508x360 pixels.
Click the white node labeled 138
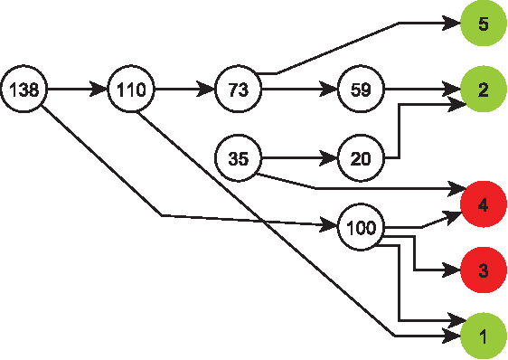(x=24, y=90)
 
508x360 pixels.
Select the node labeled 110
(x=131, y=90)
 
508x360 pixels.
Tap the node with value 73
(x=238, y=90)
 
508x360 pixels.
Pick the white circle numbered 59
(x=361, y=90)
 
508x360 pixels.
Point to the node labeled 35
(x=238, y=159)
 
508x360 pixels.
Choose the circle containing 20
(x=361, y=159)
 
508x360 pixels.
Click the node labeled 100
(x=361, y=226)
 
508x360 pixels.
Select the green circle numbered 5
(x=484, y=24)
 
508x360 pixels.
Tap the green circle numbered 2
(x=484, y=90)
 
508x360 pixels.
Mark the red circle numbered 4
(x=484, y=204)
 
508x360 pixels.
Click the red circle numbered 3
(x=484, y=270)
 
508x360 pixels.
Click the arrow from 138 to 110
(x=78, y=90)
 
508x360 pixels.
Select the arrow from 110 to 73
(x=184, y=90)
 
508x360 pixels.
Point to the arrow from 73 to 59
(x=298, y=90)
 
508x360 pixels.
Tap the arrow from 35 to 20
(x=298, y=159)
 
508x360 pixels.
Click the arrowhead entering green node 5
(x=453, y=24)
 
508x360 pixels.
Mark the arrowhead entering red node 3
(x=453, y=270)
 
